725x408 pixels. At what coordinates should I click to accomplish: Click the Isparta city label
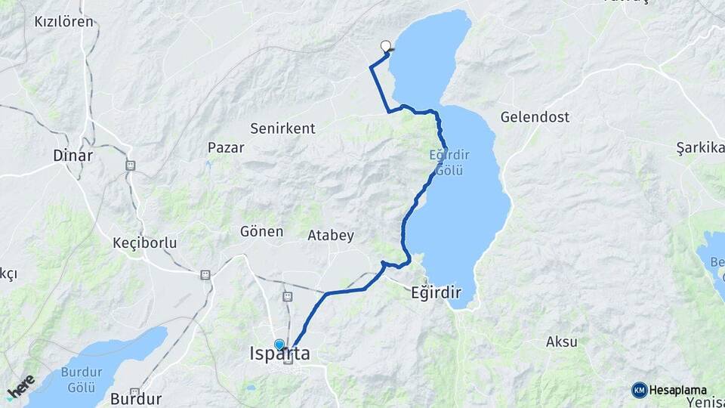(279, 354)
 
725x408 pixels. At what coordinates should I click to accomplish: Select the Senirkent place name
(282, 128)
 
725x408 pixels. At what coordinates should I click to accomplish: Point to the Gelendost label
(535, 117)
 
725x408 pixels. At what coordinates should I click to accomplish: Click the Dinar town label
(73, 156)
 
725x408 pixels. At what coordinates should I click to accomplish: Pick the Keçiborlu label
(144, 243)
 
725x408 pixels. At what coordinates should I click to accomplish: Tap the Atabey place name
(331, 236)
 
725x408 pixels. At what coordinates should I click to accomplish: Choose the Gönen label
(261, 231)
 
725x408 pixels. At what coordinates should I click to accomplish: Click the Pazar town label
(227, 147)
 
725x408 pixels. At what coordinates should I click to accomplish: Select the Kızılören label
(64, 21)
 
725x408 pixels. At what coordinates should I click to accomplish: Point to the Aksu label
(562, 342)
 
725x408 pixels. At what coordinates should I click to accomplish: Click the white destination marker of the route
(387, 46)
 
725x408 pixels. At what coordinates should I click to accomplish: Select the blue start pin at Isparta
(279, 345)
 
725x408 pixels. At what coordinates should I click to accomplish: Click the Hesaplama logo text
(677, 390)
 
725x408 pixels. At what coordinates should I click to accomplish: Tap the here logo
(20, 386)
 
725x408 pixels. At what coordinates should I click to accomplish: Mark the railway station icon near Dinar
(130, 165)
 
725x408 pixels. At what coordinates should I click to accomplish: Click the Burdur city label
(136, 399)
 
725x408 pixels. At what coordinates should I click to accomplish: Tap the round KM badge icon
(639, 390)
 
